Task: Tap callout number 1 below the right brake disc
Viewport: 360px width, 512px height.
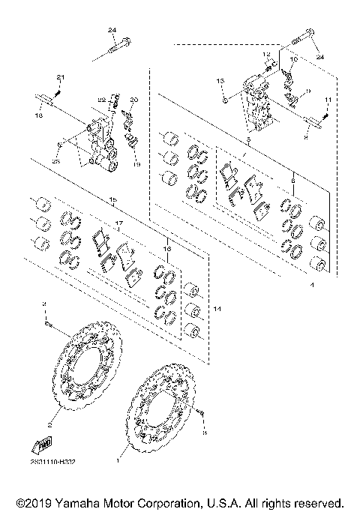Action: tap(118, 463)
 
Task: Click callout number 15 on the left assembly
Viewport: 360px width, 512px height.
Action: tap(113, 200)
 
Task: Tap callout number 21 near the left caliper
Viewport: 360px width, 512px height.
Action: tap(61, 78)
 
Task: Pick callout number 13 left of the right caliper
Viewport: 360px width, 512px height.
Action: tap(220, 79)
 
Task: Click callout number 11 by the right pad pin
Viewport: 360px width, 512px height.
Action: tap(327, 100)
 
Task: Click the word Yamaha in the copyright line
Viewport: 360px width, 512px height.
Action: tap(75, 502)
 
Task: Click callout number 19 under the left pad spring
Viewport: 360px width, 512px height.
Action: tap(137, 165)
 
